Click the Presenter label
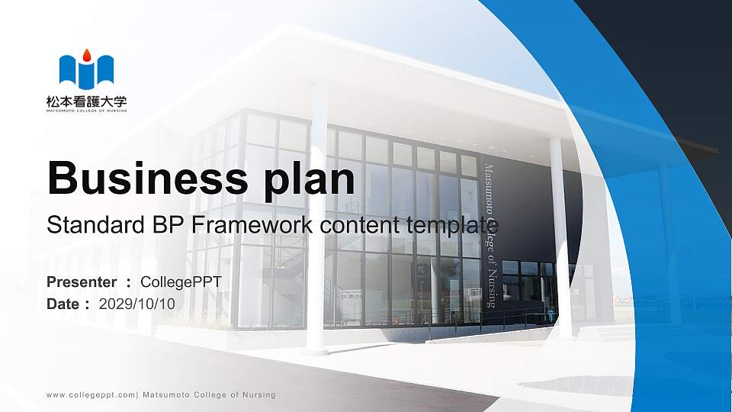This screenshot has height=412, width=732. [x=82, y=282]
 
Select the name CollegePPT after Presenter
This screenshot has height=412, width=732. [x=181, y=282]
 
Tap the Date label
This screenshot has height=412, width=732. [x=63, y=304]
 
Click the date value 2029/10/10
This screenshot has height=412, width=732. [x=137, y=304]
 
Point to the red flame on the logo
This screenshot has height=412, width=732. [x=86, y=55]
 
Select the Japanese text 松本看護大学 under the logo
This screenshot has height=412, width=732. [x=86, y=100]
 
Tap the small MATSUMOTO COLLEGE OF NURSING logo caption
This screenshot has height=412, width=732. [x=86, y=110]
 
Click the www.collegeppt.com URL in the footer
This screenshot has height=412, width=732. [x=91, y=395]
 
